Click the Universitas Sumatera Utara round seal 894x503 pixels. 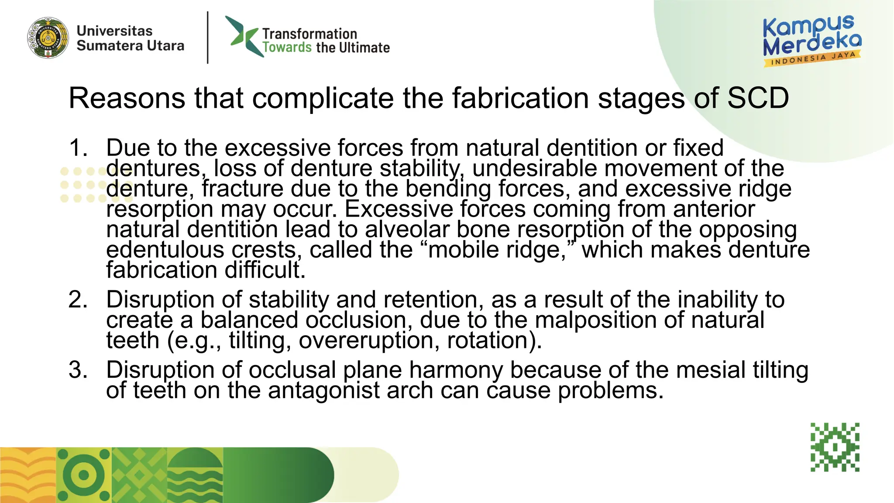coord(48,38)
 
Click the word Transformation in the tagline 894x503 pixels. coord(309,34)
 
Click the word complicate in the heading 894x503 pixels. coord(323,98)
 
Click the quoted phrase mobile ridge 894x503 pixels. coord(496,250)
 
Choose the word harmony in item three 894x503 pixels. coord(456,370)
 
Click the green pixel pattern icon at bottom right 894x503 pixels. coord(835,447)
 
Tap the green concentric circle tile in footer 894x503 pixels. coord(84,475)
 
